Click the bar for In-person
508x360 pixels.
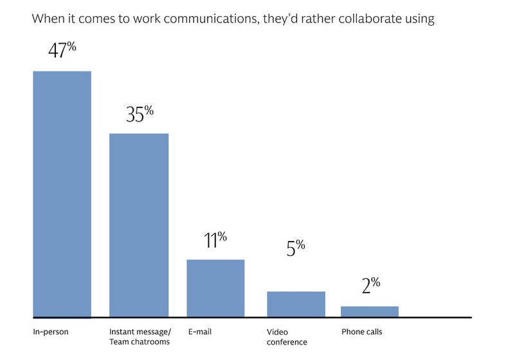point(62,194)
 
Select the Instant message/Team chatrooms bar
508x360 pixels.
point(139,225)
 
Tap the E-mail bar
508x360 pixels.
point(215,288)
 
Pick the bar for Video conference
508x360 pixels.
point(296,304)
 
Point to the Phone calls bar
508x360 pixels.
point(369,312)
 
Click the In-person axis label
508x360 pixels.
point(51,332)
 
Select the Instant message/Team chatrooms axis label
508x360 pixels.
point(140,337)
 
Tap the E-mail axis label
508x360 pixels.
point(200,332)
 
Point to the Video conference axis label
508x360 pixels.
point(287,337)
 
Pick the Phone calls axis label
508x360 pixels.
point(361,332)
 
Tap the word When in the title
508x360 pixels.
point(46,19)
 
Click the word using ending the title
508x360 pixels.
point(419,19)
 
